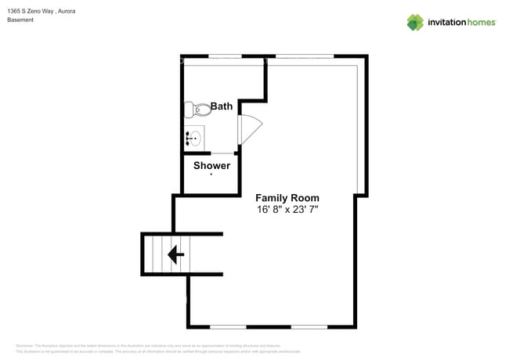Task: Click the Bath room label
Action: (222, 106)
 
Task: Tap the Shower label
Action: (211, 165)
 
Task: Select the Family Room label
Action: (287, 198)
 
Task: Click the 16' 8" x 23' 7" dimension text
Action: (287, 210)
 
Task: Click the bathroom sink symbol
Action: (195, 139)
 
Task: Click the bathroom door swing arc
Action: (248, 129)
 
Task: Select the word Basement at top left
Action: (20, 20)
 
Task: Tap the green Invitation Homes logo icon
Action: (415, 22)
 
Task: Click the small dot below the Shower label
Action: (211, 174)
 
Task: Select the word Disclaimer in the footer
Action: (25, 345)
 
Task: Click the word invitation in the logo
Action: (446, 23)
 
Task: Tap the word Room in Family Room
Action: (304, 198)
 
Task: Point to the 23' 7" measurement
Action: (306, 210)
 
